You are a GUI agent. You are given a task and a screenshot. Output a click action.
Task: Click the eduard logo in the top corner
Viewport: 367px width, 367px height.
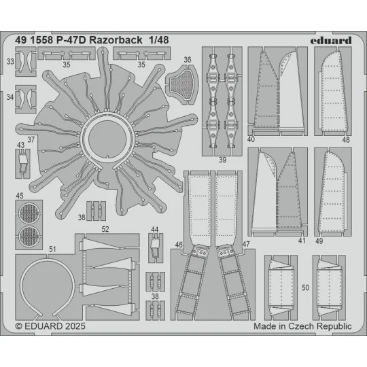click(332, 40)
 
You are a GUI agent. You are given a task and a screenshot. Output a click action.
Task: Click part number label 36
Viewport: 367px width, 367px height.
click(188, 60)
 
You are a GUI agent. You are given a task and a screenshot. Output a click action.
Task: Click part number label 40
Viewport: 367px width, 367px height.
click(251, 139)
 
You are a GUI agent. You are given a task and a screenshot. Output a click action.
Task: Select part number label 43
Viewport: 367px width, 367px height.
click(21, 145)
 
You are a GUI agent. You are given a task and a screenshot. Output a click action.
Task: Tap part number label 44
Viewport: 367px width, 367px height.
click(156, 229)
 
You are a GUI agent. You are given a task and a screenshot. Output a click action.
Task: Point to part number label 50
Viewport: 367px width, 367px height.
click(306, 287)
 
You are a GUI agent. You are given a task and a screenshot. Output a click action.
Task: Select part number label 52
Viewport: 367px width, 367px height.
click(105, 230)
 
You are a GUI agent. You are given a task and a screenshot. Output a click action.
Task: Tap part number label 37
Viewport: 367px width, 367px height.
click(31, 140)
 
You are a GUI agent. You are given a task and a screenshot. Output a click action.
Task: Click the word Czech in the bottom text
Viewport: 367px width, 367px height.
click(300, 327)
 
